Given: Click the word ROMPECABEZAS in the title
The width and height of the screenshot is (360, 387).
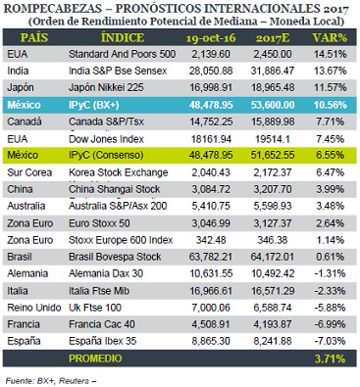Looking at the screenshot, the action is pyautogui.click(x=51, y=8).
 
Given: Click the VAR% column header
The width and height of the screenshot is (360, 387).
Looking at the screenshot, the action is pyautogui.click(x=330, y=38).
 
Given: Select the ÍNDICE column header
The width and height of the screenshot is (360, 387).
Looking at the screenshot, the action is pyautogui.click(x=123, y=38).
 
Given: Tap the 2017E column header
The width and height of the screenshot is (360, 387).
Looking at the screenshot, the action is pyautogui.click(x=273, y=38).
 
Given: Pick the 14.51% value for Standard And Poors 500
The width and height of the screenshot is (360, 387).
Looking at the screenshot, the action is pyautogui.click(x=331, y=54).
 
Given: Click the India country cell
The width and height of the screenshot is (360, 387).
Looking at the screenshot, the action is pyautogui.click(x=18, y=71).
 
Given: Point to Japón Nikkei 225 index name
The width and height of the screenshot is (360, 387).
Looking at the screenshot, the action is pyautogui.click(x=106, y=87).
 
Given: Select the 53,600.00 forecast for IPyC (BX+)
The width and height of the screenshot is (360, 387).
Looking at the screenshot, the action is pyautogui.click(x=273, y=105).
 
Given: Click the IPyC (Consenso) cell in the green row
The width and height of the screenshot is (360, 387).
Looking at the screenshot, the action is pyautogui.click(x=106, y=155).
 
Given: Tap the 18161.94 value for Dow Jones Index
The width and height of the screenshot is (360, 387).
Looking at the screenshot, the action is pyautogui.click(x=211, y=139).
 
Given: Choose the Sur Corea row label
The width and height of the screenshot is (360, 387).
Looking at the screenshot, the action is pyautogui.click(x=29, y=172).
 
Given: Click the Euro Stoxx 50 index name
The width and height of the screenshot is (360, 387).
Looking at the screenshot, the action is pyautogui.click(x=99, y=223).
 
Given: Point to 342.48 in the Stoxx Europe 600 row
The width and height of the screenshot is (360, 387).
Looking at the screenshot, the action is pyautogui.click(x=211, y=240).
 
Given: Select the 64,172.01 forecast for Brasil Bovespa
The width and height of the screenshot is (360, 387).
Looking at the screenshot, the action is pyautogui.click(x=273, y=257).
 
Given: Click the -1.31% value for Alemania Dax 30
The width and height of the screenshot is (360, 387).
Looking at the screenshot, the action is pyautogui.click(x=330, y=273).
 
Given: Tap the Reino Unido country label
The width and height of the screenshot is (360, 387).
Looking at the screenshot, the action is pyautogui.click(x=34, y=308).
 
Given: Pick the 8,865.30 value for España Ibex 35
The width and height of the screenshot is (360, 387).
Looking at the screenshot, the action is pyautogui.click(x=211, y=341).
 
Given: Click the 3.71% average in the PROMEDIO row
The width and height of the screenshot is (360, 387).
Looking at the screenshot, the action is pyautogui.click(x=330, y=359).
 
